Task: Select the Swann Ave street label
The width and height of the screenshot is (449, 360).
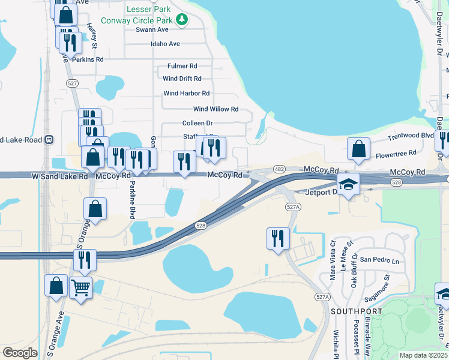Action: tap(152, 29)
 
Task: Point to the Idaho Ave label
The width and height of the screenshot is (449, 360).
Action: tap(166, 44)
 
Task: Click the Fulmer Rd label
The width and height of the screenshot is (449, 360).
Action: tap(182, 66)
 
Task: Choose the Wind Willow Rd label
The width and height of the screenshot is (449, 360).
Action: tap(215, 109)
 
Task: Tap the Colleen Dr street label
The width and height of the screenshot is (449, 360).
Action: tap(197, 123)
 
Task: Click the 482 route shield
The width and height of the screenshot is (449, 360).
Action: tap(279, 169)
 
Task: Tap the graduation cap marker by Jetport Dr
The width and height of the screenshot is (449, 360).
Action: tap(348, 185)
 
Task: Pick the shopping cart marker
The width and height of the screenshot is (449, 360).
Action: tap(80, 287)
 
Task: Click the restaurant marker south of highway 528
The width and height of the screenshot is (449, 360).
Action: tap(278, 238)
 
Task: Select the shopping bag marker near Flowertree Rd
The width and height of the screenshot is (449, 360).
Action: tap(358, 149)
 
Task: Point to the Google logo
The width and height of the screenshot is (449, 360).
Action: tap(20, 353)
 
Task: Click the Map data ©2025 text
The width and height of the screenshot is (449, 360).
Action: tap(423, 355)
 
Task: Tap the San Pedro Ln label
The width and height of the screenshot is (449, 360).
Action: tap(379, 260)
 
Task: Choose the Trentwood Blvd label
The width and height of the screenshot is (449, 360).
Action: tap(411, 137)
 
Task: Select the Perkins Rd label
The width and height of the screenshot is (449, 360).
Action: tap(88, 59)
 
